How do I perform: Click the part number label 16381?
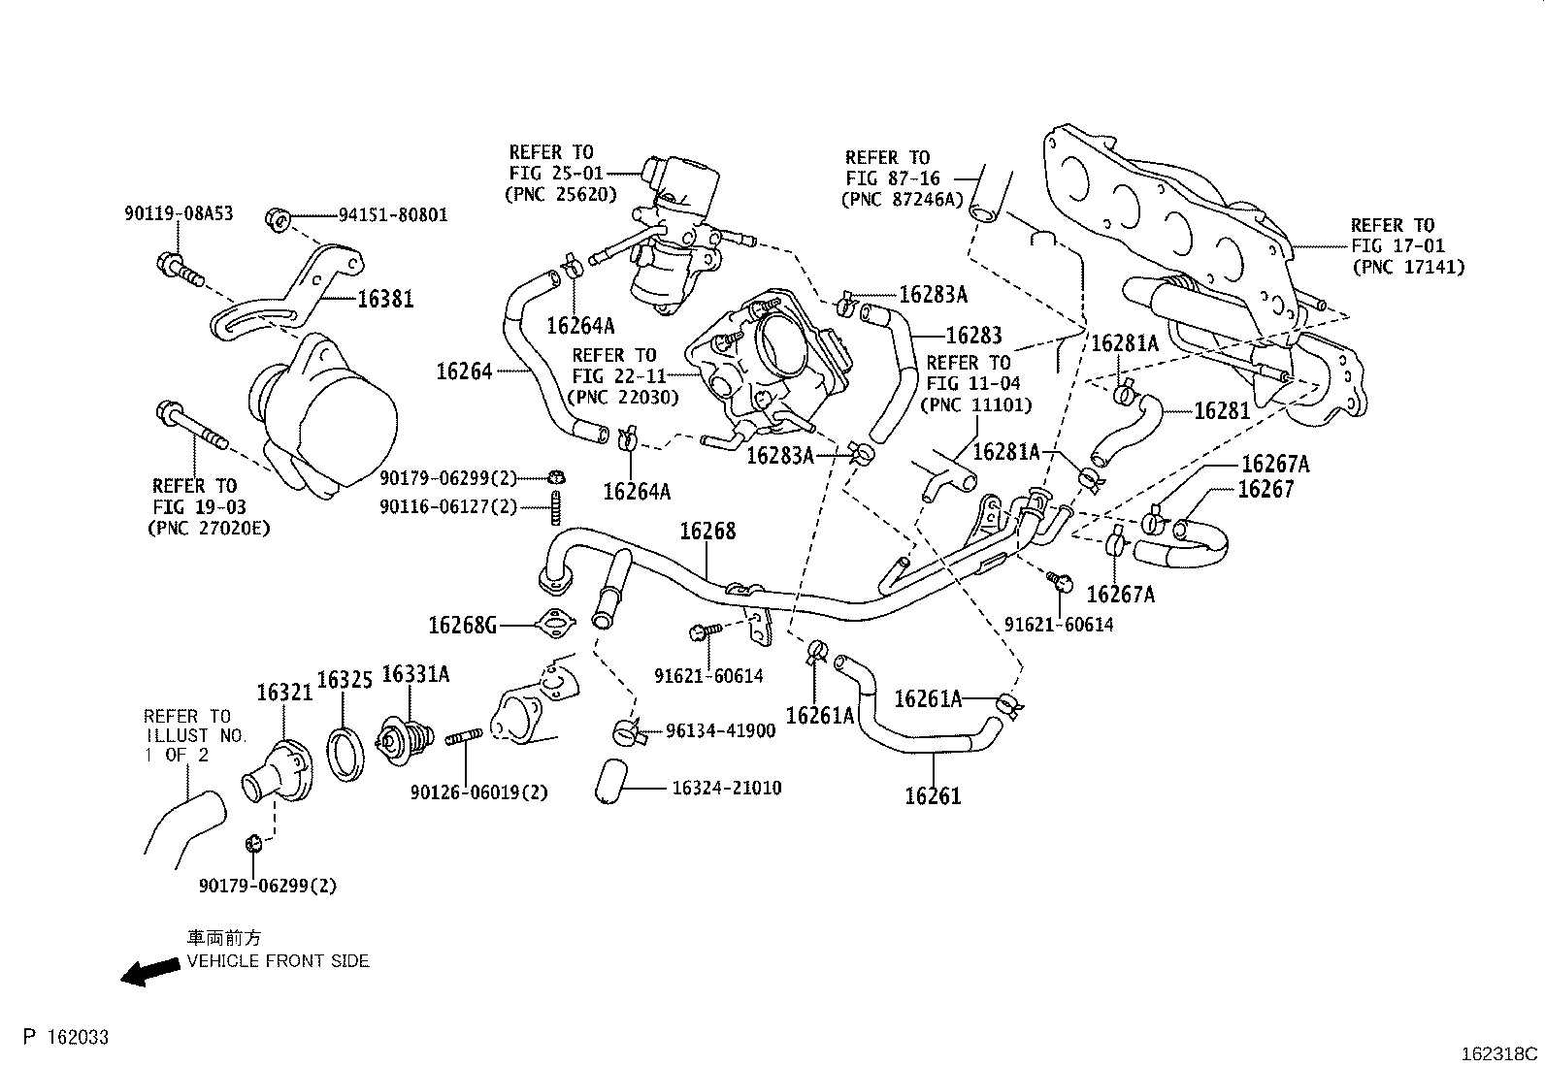385,300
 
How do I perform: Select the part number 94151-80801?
393,215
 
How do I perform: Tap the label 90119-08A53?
179,213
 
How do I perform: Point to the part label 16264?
465,371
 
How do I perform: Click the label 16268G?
463,625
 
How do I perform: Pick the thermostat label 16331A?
415,673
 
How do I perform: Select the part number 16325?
345,680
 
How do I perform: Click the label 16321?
284,692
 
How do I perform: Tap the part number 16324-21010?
726,788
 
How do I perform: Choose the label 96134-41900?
720,730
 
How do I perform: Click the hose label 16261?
933,796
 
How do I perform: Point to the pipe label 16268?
707,532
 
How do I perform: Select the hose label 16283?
973,336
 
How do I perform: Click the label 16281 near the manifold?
1222,410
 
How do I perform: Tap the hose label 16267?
1266,489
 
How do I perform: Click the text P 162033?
66,1038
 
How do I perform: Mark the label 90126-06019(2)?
478,792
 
